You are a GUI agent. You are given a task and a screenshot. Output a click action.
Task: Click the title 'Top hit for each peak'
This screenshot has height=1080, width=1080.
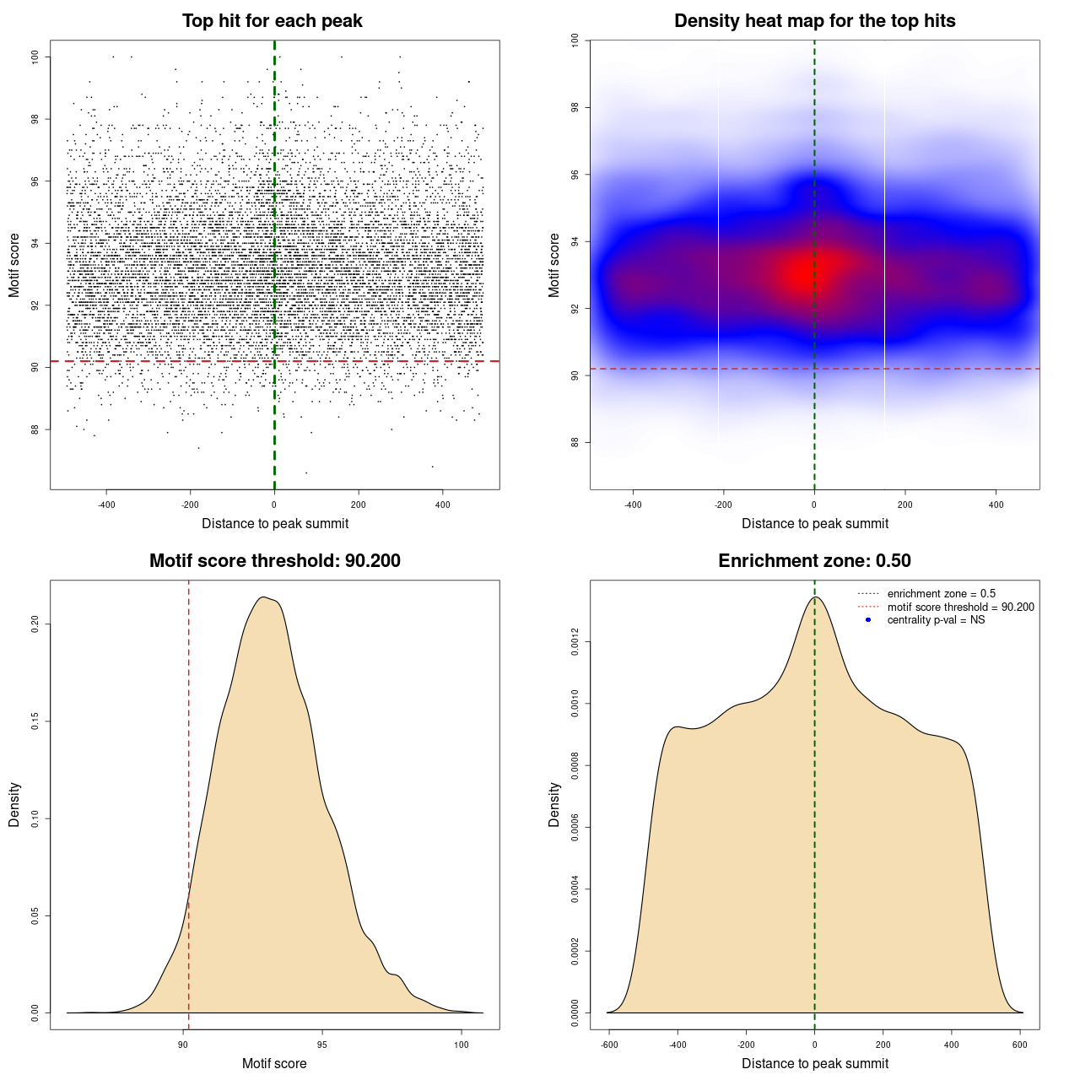tap(272, 21)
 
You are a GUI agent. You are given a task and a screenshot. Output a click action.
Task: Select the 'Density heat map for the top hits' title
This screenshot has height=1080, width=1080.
tap(814, 21)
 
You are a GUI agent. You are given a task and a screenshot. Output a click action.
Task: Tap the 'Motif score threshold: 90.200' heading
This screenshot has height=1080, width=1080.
tap(274, 561)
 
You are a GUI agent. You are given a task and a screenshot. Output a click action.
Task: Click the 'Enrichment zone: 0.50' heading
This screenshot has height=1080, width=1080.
tap(814, 561)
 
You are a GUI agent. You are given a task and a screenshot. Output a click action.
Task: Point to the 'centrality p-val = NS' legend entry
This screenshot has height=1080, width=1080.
tap(936, 620)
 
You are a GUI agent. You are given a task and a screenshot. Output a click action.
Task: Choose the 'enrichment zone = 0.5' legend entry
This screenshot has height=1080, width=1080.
tap(941, 594)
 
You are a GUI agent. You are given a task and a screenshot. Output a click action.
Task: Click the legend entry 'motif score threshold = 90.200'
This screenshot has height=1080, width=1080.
tap(960, 607)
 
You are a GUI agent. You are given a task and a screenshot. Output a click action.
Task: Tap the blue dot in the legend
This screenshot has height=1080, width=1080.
tap(868, 620)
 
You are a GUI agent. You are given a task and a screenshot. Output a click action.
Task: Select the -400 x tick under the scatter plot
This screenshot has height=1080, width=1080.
tap(106, 505)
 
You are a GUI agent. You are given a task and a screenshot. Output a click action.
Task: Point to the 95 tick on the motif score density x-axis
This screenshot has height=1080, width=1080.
tap(322, 1045)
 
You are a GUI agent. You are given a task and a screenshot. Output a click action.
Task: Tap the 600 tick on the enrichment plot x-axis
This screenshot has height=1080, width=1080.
tap(1019, 1045)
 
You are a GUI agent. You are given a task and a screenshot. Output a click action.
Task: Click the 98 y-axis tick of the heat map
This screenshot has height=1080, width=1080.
tap(575, 107)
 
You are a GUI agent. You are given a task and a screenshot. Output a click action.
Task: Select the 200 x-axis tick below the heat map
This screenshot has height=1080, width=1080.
tap(905, 505)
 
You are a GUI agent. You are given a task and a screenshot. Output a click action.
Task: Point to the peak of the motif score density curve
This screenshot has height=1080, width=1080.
tap(264, 597)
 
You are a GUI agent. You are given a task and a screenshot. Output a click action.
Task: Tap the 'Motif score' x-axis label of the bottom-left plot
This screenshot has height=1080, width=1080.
tap(274, 1063)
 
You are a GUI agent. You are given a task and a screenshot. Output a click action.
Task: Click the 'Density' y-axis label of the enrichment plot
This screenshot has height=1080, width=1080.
tap(554, 804)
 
